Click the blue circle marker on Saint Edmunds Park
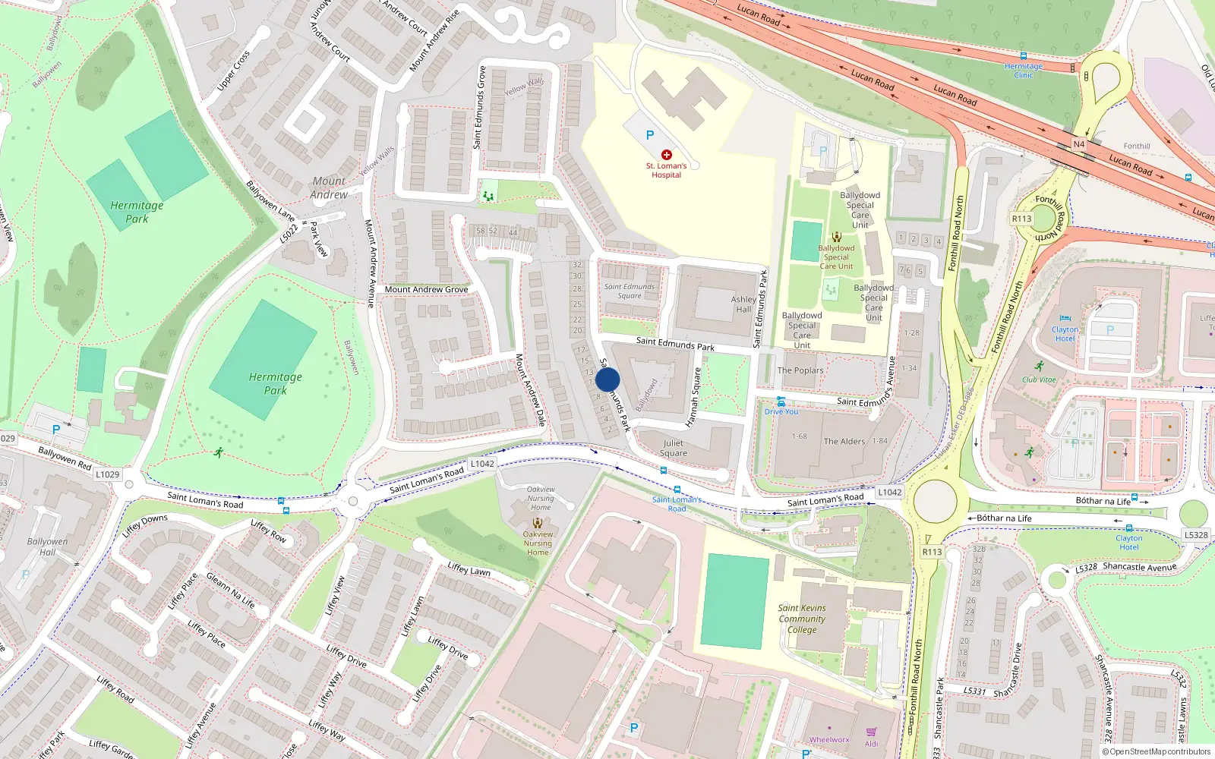607,379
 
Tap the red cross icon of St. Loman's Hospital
667,155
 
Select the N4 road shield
1079,144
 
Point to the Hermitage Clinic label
1024,71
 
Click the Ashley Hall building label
743,304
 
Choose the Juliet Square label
674,448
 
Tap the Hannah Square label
693,398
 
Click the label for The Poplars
800,370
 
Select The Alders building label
844,441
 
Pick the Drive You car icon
781,402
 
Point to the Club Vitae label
1039,379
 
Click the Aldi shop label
871,744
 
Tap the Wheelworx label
829,740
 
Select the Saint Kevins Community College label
802,619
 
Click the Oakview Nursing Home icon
538,523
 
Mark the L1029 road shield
107,474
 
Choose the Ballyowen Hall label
47,546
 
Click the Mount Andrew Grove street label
426,289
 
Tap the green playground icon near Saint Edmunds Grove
488,197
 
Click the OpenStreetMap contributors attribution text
1157,752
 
